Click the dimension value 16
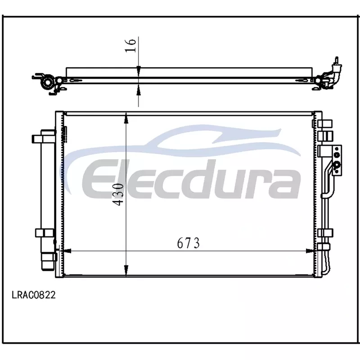point(131,45)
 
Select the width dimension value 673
point(188,243)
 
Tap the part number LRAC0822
point(34,295)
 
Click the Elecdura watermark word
point(190,179)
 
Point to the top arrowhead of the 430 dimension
point(126,119)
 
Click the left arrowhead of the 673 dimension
point(67,251)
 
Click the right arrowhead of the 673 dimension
point(310,251)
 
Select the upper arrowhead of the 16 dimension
point(139,70)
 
